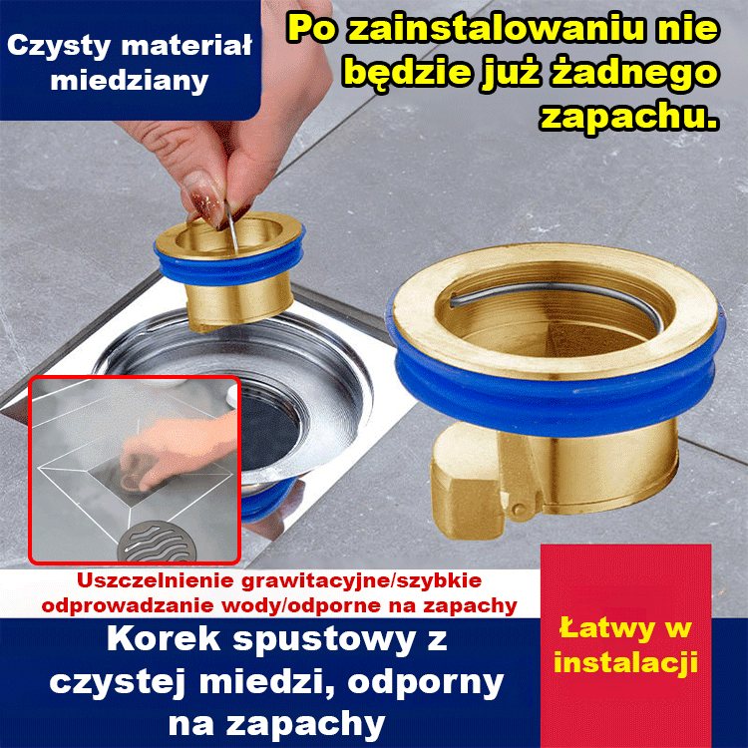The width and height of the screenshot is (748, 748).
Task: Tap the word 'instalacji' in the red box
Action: point(625,661)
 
